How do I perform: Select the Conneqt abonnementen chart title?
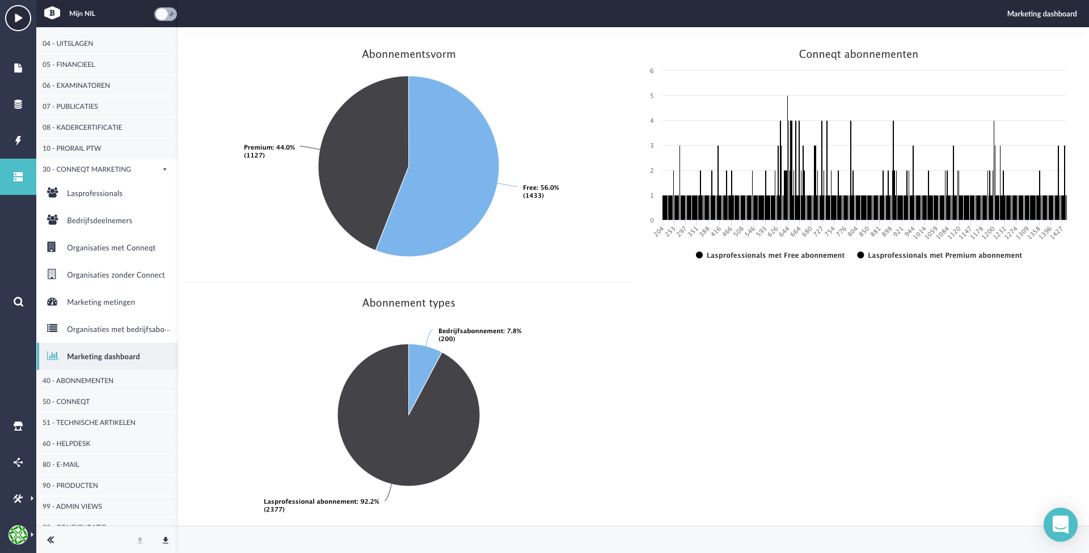(858, 54)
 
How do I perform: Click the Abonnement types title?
(408, 303)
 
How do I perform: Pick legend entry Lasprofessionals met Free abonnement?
(770, 256)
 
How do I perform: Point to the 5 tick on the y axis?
(652, 96)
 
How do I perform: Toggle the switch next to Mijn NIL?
(165, 14)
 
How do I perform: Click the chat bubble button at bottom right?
(1060, 524)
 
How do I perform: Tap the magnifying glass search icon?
(18, 301)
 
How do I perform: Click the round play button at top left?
(18, 18)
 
